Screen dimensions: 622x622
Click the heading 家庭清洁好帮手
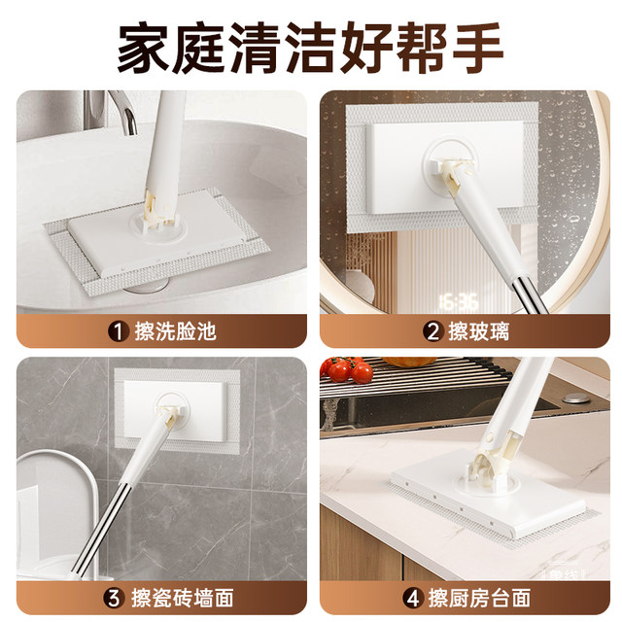coord(311,46)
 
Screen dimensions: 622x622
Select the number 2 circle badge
coord(432,331)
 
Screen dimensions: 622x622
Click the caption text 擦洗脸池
coord(175,331)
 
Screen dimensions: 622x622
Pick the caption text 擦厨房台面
coord(476,596)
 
